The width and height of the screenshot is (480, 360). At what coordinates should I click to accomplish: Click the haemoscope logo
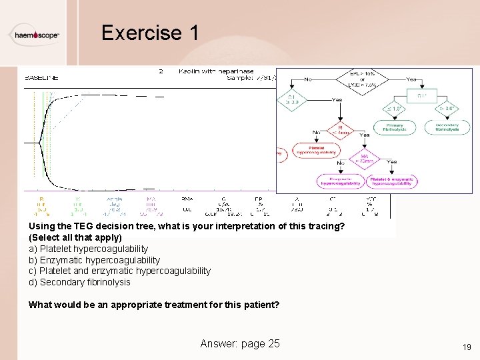click(x=37, y=35)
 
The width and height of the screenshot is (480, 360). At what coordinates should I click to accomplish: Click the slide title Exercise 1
click(x=150, y=33)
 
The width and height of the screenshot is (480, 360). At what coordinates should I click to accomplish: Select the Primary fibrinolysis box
click(x=393, y=127)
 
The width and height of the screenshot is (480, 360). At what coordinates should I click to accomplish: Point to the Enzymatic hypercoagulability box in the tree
click(x=340, y=181)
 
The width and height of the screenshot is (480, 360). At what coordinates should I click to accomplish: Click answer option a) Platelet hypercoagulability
click(x=88, y=249)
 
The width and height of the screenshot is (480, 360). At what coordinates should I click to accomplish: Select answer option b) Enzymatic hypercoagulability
click(x=94, y=260)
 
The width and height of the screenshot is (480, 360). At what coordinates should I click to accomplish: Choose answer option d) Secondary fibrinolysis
click(x=79, y=282)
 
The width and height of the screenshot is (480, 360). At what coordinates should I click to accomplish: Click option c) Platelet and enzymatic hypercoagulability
click(x=119, y=271)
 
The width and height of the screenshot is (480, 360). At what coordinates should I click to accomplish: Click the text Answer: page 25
click(x=240, y=343)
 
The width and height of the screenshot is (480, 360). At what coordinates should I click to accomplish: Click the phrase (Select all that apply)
click(x=75, y=237)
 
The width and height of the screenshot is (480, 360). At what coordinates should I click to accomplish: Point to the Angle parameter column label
click(x=114, y=199)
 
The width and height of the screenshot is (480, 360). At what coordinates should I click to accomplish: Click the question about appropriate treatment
click(x=154, y=305)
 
